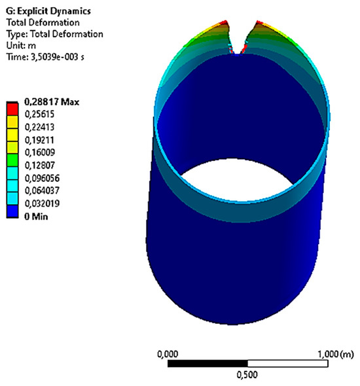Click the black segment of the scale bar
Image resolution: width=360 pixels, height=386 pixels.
coord(207,363)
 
